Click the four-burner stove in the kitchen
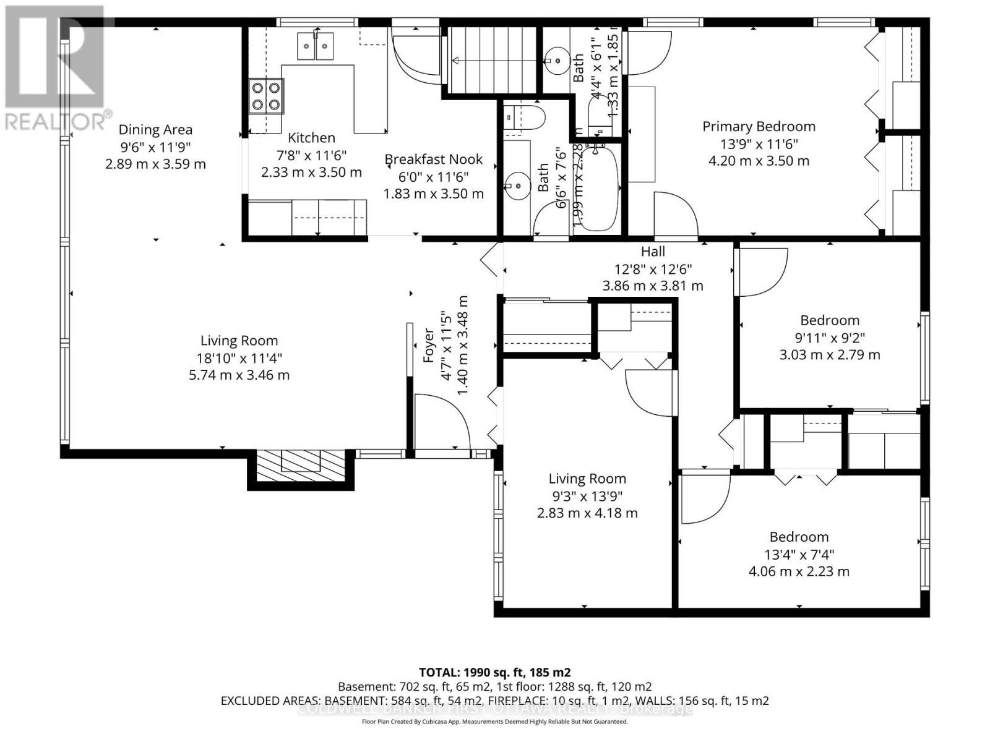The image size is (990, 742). (x=266, y=96)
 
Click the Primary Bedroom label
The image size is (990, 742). (x=759, y=127)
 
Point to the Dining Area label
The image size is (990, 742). (x=155, y=130)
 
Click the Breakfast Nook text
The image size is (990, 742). (x=433, y=160)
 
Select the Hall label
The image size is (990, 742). (x=653, y=252)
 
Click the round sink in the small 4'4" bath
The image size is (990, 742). (x=557, y=61)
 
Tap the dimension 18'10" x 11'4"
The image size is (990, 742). (x=239, y=358)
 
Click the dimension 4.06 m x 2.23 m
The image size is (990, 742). (x=799, y=571)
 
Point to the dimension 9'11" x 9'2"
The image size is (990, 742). (x=829, y=338)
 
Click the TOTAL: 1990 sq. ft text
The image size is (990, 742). (x=494, y=672)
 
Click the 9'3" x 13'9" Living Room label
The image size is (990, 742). (x=587, y=479)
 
